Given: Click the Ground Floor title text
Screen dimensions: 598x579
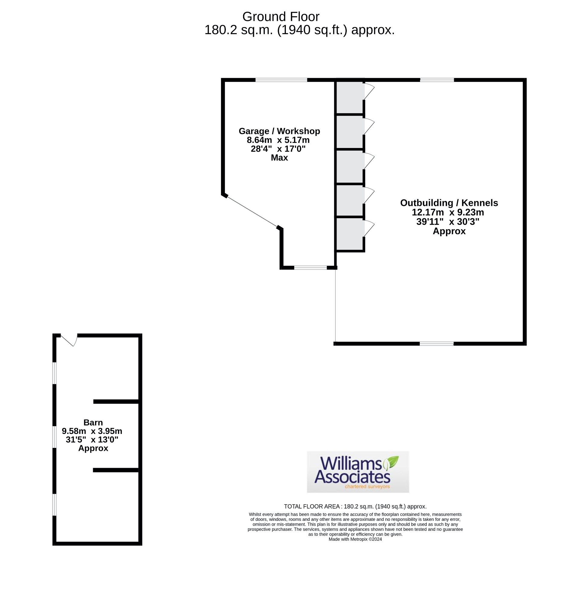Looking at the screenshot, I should tap(280, 17).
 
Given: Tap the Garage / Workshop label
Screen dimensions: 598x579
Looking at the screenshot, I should tap(279, 131).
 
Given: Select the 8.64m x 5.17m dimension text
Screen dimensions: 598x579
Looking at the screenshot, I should tap(278, 140).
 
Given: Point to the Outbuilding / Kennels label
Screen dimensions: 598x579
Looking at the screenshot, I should tap(449, 203).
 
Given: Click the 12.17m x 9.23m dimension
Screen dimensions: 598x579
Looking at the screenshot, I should tap(448, 212).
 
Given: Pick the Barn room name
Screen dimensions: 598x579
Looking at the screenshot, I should tap(93, 423).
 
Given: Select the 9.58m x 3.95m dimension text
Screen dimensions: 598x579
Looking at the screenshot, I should tap(92, 431).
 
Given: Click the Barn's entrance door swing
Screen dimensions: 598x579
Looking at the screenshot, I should tap(70, 340).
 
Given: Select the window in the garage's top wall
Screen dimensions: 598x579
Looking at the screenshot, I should tap(281, 80).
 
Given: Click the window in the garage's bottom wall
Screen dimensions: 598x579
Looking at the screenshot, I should tap(310, 268).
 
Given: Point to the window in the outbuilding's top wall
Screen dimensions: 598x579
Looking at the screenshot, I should tap(437, 80).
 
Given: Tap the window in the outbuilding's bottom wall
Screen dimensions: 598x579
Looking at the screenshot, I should tap(436, 344).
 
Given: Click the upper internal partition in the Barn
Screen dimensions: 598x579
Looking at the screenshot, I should tap(116, 402).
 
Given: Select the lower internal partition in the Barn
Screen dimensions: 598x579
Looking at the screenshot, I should tap(116, 470).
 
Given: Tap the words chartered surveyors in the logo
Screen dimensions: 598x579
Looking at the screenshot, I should tap(367, 486).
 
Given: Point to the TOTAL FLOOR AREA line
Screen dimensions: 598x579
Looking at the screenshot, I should tap(355, 506).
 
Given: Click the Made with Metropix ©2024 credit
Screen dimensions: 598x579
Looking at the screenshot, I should tap(355, 539).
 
